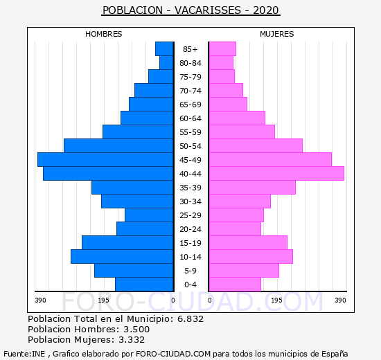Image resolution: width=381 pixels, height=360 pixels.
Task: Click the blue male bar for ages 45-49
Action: pos(105,160)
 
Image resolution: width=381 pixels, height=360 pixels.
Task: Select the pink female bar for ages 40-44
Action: pos(276,174)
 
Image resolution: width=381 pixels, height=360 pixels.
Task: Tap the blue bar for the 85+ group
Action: pos(164,49)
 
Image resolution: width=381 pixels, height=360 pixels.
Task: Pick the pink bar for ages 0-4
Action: pos(235,285)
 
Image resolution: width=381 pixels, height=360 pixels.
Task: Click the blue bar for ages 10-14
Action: pos(122,257)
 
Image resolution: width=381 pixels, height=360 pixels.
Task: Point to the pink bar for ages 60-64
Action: pos(237,118)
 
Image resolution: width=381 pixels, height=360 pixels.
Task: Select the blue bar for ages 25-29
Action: pos(149,215)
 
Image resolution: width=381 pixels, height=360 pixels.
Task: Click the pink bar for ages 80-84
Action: pos(221,63)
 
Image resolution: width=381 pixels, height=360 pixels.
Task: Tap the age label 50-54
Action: pos(190,146)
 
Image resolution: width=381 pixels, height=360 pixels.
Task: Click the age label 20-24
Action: pos(190,229)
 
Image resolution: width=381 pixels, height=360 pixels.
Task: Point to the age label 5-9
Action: pos(190,271)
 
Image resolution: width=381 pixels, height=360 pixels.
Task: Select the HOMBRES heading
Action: pos(104,34)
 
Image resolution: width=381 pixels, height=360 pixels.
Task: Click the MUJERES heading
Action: pos(277,34)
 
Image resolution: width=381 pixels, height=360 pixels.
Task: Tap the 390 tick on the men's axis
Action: pos(40,300)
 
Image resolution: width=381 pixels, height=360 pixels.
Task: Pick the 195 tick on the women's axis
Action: pos(277,300)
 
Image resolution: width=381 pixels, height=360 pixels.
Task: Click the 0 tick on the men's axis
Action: pos(172,300)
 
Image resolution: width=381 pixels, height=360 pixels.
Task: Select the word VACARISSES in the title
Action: pos(208,10)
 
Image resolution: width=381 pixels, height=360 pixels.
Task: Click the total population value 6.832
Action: pos(190,318)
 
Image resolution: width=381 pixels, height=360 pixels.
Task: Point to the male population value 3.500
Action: pos(136,329)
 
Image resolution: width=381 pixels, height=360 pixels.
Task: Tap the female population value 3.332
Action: pos(132,339)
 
